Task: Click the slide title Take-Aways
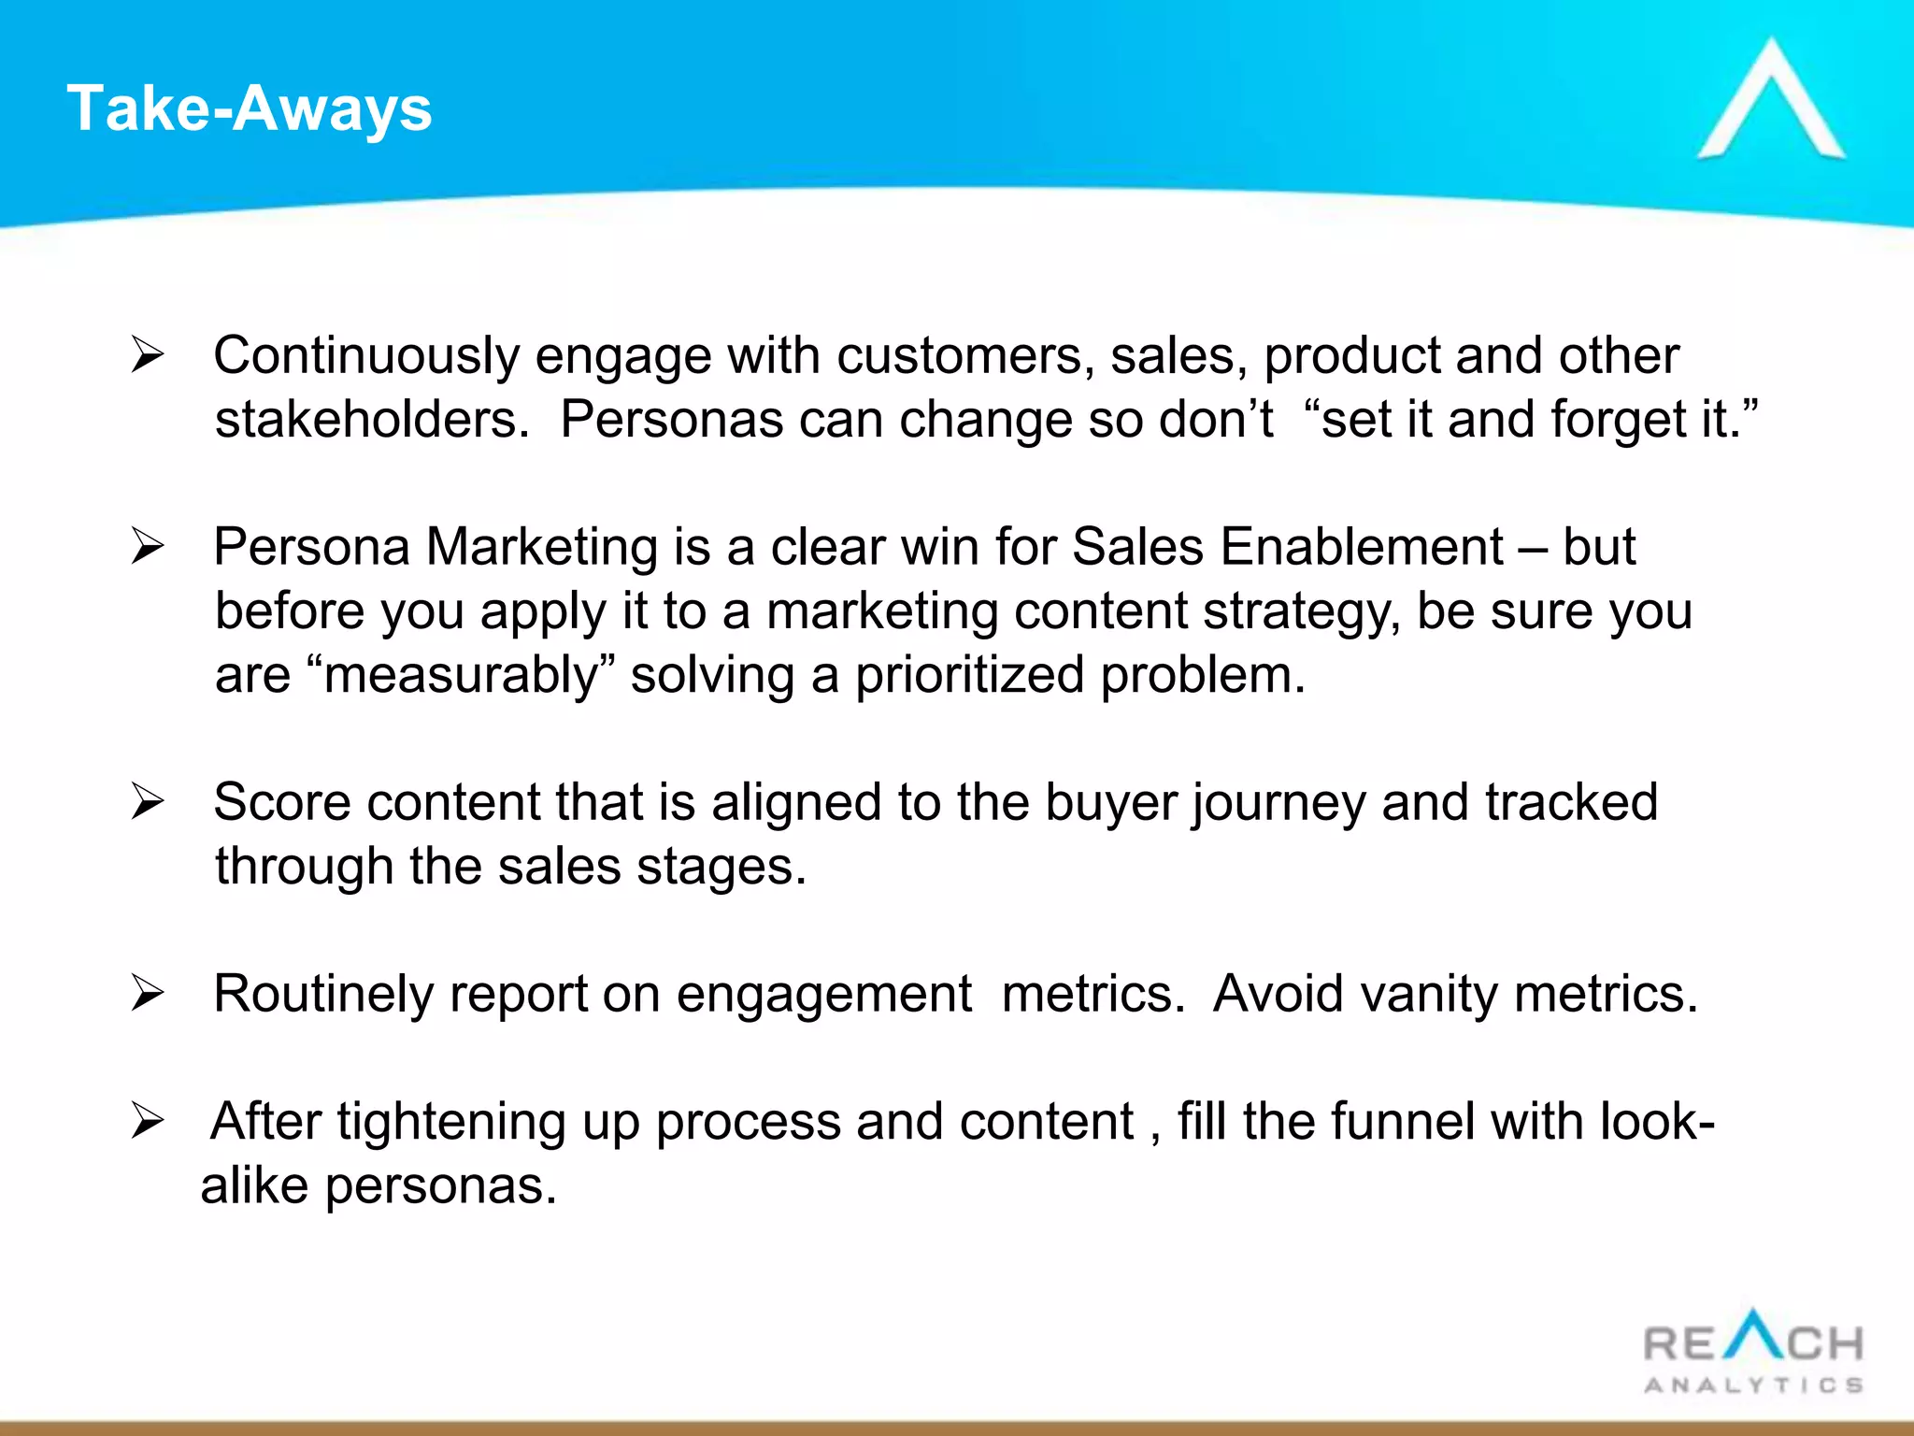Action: (x=250, y=109)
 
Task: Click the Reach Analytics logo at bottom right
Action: (x=1753, y=1352)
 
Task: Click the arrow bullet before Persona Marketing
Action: (x=148, y=547)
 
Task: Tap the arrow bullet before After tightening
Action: (x=148, y=1122)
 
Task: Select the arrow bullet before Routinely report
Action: (x=148, y=994)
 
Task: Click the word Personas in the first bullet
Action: (x=671, y=420)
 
